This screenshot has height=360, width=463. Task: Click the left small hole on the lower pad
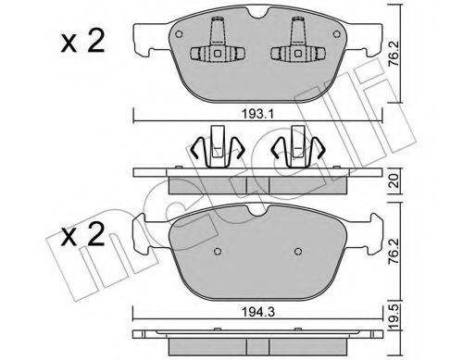tap(216, 251)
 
